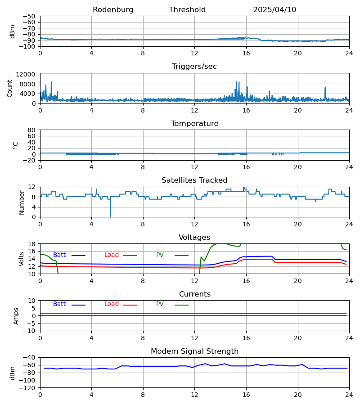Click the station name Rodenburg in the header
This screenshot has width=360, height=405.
[x=113, y=10]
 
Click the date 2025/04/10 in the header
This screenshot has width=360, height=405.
[x=274, y=10]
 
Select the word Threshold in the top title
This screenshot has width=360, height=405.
[x=187, y=10]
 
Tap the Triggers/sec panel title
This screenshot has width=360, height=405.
[x=194, y=67]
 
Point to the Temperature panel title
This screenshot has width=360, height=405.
[x=194, y=124]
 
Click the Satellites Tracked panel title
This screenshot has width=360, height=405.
[x=194, y=180]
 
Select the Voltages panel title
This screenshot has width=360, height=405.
[x=194, y=238]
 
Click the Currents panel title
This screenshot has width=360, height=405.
[x=194, y=294]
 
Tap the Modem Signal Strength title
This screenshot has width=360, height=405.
[x=194, y=351]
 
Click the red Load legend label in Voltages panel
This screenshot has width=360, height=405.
[x=112, y=255]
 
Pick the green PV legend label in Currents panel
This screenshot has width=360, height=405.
[x=160, y=304]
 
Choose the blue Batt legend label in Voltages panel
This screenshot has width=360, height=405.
[x=59, y=255]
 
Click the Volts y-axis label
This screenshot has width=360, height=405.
[x=22, y=259]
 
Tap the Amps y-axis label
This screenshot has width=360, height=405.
[x=17, y=316]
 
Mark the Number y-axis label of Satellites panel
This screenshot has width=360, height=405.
[x=22, y=202]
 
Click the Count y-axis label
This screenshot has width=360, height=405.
[x=10, y=88]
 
